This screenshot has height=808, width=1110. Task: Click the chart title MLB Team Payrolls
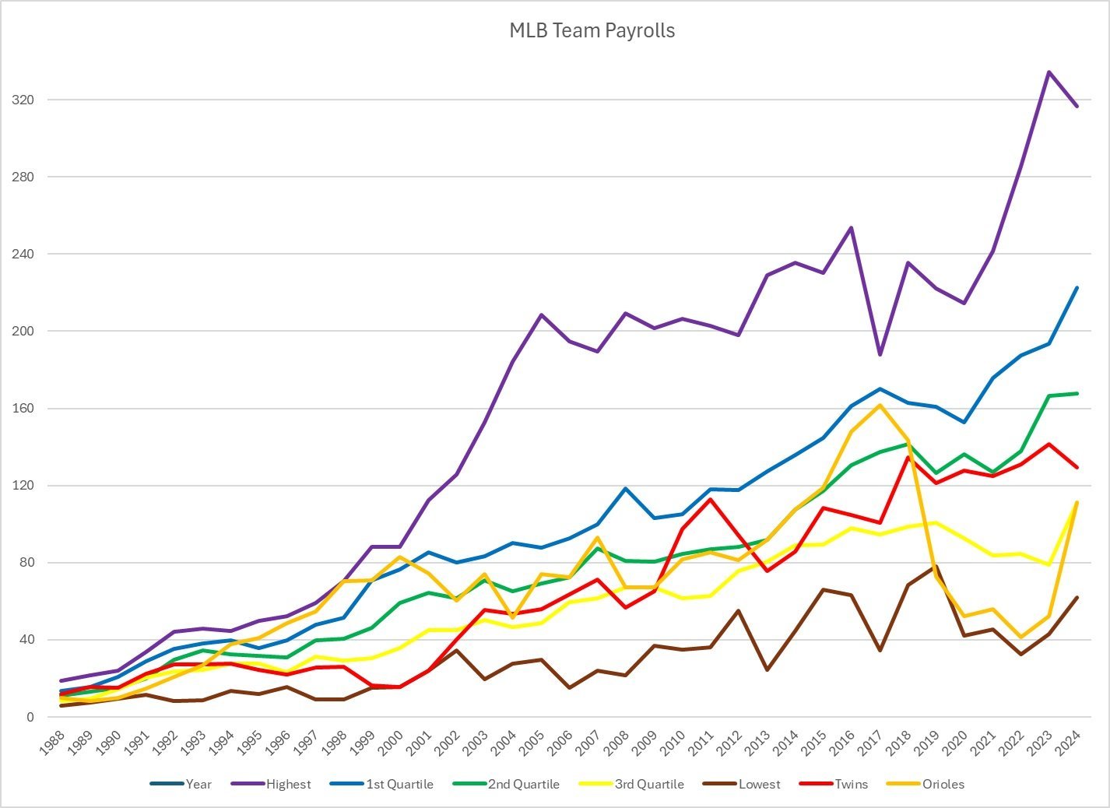coord(592,30)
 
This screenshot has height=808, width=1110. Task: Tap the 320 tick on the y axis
coord(23,100)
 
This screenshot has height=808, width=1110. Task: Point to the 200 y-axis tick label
coord(23,331)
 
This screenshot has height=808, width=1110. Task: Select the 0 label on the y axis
coord(30,717)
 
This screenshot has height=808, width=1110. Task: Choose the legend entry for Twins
coord(851,784)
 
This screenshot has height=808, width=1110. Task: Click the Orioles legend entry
coord(943,784)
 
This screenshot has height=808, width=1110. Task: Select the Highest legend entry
coord(288,784)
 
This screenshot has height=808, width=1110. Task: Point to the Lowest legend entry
coord(758,784)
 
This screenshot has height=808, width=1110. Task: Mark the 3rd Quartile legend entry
coord(649,784)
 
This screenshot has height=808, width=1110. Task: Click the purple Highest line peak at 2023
coord(1049,72)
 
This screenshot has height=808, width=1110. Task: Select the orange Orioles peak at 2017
coord(880,405)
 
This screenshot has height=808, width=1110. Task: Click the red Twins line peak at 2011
coord(710,499)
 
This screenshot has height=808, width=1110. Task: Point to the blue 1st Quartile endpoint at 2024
coord(1077,288)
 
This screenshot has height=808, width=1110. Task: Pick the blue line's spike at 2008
coord(625,489)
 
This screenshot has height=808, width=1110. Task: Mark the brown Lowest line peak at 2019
coord(936,567)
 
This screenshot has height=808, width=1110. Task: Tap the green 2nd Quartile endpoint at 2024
coord(1077,393)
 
